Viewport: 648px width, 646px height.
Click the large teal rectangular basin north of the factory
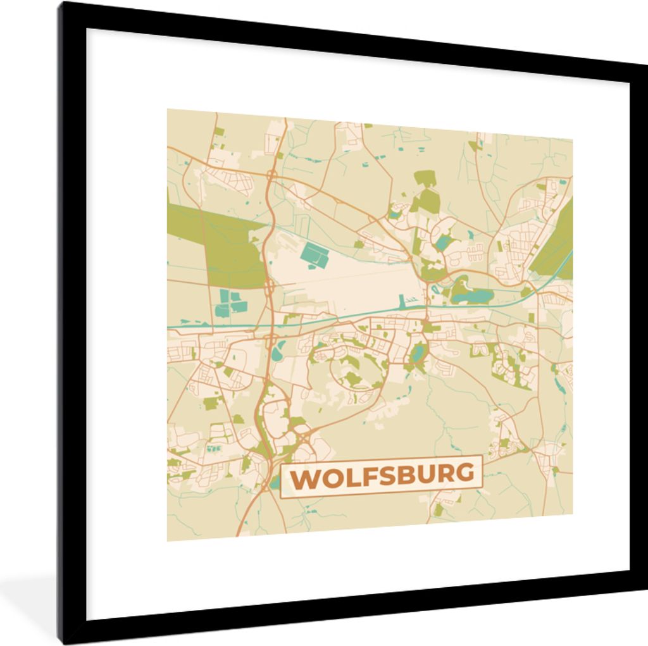[315, 255]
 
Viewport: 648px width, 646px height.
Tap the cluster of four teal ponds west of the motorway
[230, 302]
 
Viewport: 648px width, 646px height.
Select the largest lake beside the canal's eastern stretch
[481, 295]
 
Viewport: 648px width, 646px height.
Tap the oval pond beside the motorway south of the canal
[278, 350]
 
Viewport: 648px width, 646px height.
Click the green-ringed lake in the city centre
[418, 354]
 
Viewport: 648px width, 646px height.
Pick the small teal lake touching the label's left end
[275, 485]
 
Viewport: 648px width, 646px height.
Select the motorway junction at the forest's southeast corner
[270, 289]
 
